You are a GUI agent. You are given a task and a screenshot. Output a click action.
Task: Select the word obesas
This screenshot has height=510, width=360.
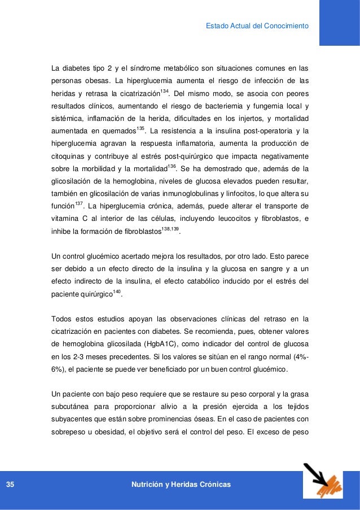[x=91, y=80]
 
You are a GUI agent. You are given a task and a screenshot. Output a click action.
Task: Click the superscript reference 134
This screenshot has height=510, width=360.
[x=164, y=90]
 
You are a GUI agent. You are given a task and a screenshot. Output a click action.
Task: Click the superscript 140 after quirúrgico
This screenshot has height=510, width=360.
[x=117, y=291]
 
